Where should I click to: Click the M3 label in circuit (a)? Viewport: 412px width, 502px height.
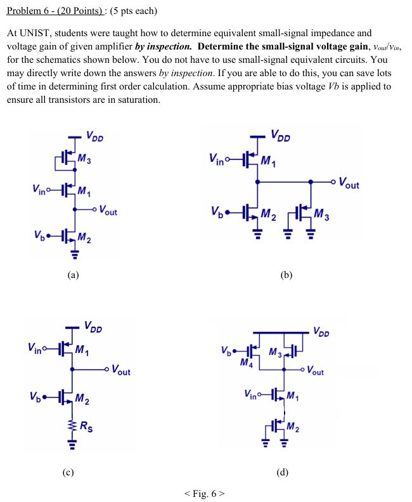pyautogui.click(x=85, y=159)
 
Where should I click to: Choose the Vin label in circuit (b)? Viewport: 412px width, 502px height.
pyautogui.click(x=217, y=159)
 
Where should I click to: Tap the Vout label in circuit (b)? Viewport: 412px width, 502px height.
pyautogui.click(x=349, y=184)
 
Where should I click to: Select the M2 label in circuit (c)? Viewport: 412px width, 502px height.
pyautogui.click(x=82, y=399)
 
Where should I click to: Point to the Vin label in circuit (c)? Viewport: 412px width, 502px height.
pyautogui.click(x=37, y=348)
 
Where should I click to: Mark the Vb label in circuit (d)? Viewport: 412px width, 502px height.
pyautogui.click(x=227, y=350)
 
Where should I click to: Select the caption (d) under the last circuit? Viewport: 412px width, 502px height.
pyautogui.click(x=283, y=472)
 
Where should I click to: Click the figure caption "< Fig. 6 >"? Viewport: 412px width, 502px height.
pyautogui.click(x=205, y=493)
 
